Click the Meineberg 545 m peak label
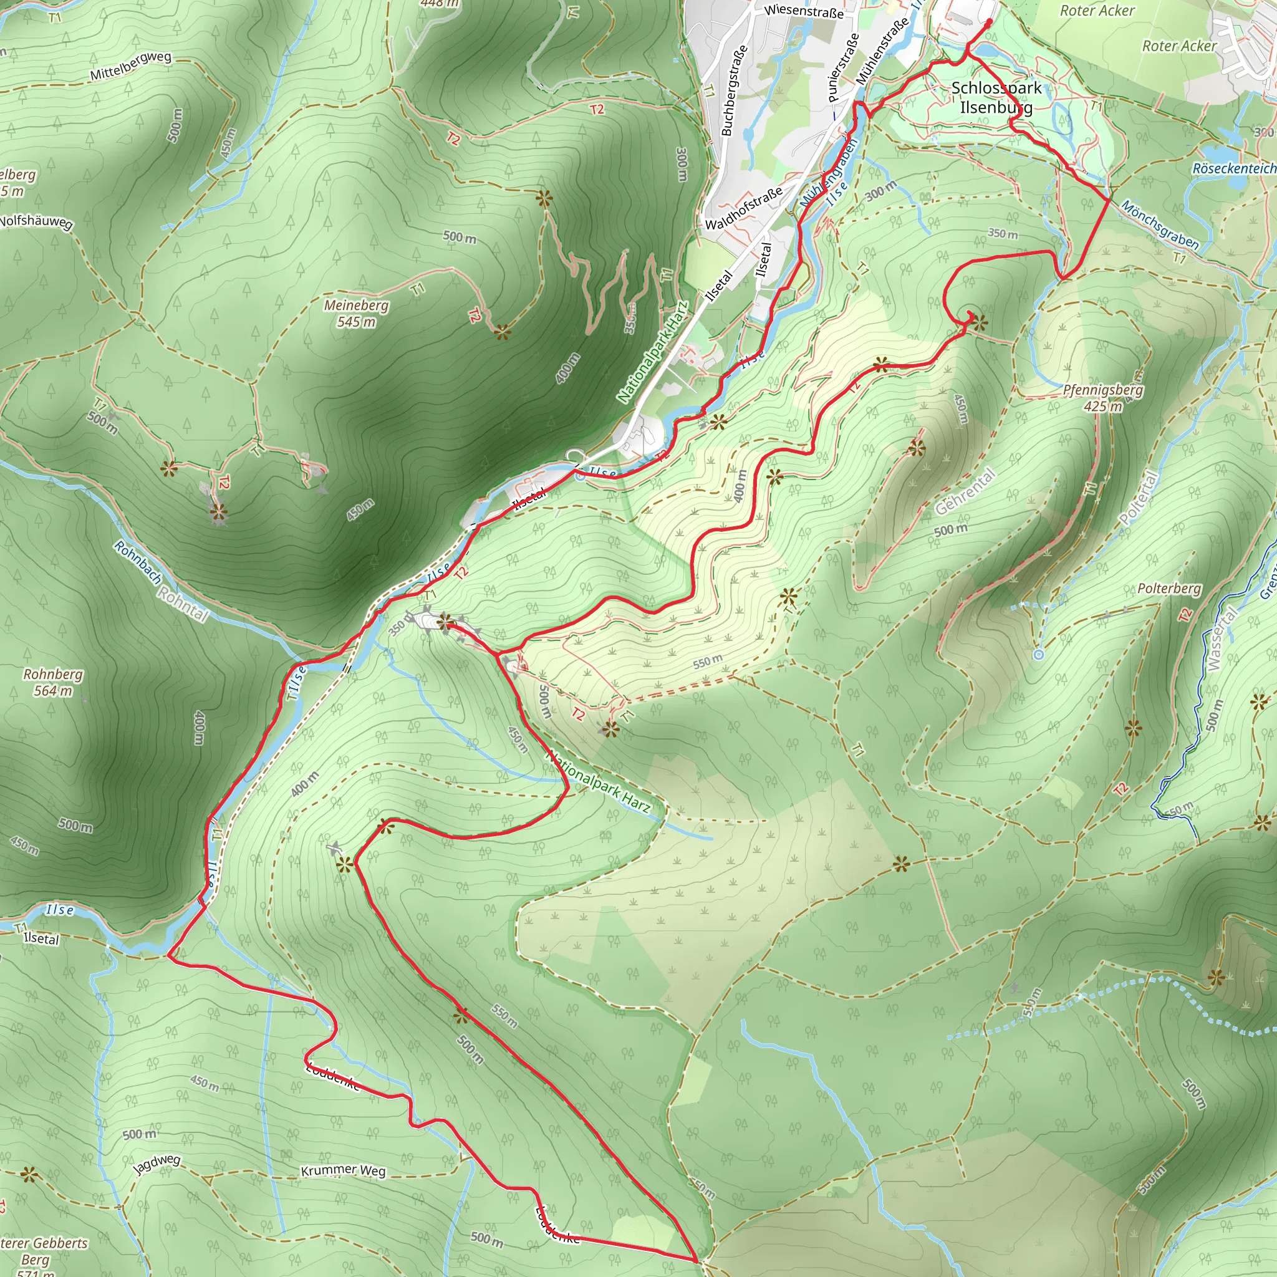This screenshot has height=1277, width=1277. pyautogui.click(x=356, y=313)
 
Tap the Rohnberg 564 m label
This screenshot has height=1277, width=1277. pyautogui.click(x=53, y=682)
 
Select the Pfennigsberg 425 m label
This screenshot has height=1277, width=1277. pyautogui.click(x=1102, y=398)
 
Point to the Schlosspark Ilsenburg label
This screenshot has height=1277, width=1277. pyautogui.click(x=995, y=97)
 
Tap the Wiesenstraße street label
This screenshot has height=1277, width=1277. pyautogui.click(x=804, y=11)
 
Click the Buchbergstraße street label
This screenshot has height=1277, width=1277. pyautogui.click(x=735, y=90)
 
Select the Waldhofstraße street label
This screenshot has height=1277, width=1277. pyautogui.click(x=744, y=208)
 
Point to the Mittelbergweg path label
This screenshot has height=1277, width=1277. pyautogui.click(x=131, y=65)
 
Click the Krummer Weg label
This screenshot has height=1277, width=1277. pyautogui.click(x=343, y=1170)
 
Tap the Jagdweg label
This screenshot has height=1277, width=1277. pyautogui.click(x=157, y=1164)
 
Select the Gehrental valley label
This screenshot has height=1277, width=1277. pyautogui.click(x=965, y=491)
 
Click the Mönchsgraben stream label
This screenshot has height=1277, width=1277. pyautogui.click(x=1159, y=224)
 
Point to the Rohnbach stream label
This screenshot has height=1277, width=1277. pyautogui.click(x=137, y=562)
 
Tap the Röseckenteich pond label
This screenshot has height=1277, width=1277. pyautogui.click(x=1234, y=168)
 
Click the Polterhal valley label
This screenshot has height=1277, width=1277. pyautogui.click(x=1139, y=498)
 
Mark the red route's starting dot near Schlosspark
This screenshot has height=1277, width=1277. pyautogui.click(x=988, y=22)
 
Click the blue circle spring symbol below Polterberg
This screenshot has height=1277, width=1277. pyautogui.click(x=1038, y=654)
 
